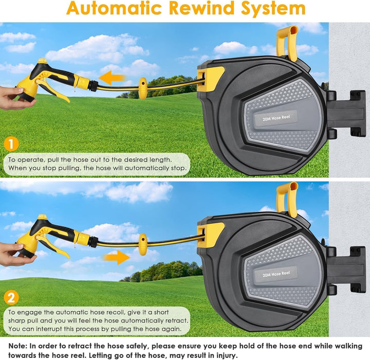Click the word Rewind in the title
(x=202, y=8)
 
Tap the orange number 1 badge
(x=11, y=144)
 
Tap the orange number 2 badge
(x=11, y=298)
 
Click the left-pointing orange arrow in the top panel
(x=112, y=78)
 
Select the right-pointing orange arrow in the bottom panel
(x=116, y=258)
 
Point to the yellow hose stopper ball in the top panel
(x=142, y=88)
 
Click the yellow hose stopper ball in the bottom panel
(x=142, y=244)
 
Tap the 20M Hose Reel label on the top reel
(x=276, y=118)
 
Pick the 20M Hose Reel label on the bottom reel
(x=276, y=274)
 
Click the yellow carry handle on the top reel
(x=287, y=42)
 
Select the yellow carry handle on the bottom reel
(x=287, y=199)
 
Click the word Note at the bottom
(x=17, y=346)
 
